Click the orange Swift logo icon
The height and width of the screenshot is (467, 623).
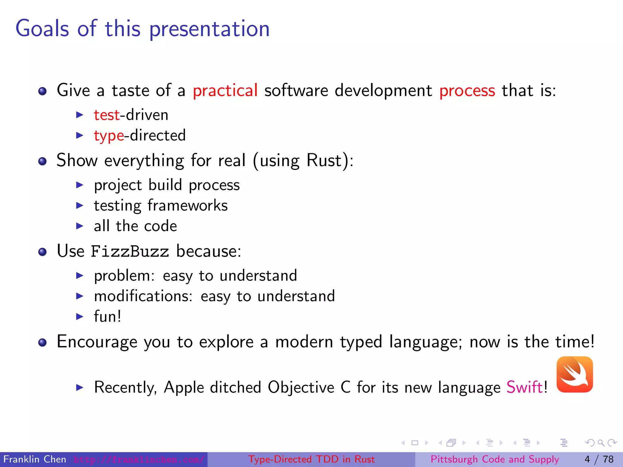coord(574,375)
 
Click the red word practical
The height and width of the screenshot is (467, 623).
coord(225,91)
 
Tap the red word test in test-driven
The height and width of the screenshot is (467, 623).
coord(106,115)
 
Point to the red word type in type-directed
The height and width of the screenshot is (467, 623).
coord(109,136)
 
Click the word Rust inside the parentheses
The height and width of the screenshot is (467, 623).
coord(324,160)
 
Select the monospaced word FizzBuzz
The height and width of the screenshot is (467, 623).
coord(130,252)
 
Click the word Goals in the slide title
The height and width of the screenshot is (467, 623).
coord(42,29)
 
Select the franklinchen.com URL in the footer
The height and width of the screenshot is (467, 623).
coord(139,459)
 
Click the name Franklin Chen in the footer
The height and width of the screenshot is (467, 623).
coord(35,459)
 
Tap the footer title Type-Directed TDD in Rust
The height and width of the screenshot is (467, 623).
coord(311,459)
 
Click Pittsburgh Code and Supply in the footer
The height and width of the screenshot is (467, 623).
coord(495,459)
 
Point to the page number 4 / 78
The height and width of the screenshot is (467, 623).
coord(599,459)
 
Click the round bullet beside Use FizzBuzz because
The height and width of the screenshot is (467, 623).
coord(43,252)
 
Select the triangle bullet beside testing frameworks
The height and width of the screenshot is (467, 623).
coord(79,206)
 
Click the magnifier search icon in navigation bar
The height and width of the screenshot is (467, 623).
coord(601,443)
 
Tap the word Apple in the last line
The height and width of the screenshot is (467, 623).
coord(184,388)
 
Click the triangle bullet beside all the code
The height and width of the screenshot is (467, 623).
coord(79,226)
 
